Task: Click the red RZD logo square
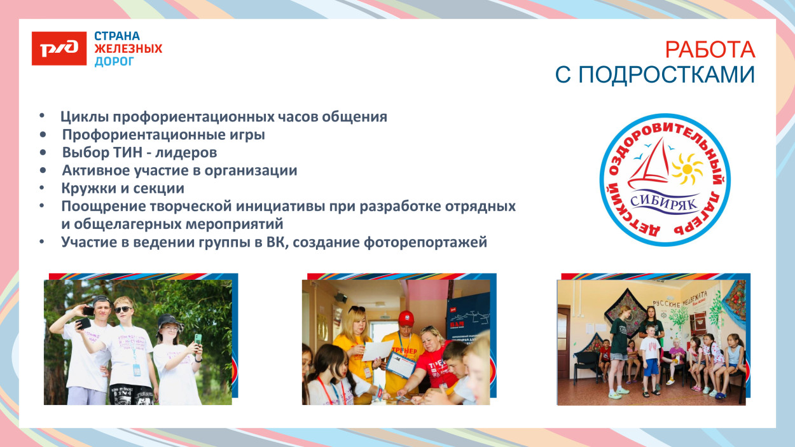click(59, 48)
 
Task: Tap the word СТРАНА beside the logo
click(117, 36)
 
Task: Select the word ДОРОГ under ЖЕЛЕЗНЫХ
click(114, 62)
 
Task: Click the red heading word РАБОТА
click(710, 49)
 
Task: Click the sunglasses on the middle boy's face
click(123, 310)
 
